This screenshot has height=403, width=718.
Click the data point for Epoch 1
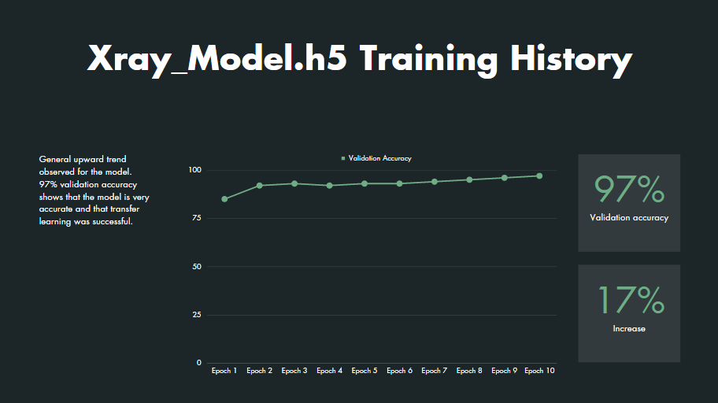(x=224, y=199)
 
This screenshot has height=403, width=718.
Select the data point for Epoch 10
(x=539, y=176)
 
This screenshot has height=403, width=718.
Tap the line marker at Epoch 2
(x=260, y=186)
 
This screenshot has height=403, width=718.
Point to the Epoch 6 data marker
(x=399, y=183)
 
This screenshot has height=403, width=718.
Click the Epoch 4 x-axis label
(x=329, y=371)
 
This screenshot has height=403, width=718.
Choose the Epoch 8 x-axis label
(x=469, y=371)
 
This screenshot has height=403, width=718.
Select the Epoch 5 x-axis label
(x=365, y=371)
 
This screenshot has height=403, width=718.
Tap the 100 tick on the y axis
(x=195, y=170)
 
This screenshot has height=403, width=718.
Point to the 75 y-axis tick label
(x=197, y=219)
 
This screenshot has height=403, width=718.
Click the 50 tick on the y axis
(x=197, y=267)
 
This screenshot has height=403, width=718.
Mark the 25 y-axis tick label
(x=197, y=316)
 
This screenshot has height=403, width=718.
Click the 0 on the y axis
(x=199, y=363)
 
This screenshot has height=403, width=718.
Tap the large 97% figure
(x=629, y=190)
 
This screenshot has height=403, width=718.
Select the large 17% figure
(x=629, y=301)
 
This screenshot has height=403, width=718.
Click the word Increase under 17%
(x=629, y=328)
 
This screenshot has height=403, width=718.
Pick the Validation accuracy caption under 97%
(x=629, y=217)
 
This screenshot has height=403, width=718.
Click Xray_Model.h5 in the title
(x=217, y=60)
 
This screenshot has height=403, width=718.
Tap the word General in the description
(x=54, y=159)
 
